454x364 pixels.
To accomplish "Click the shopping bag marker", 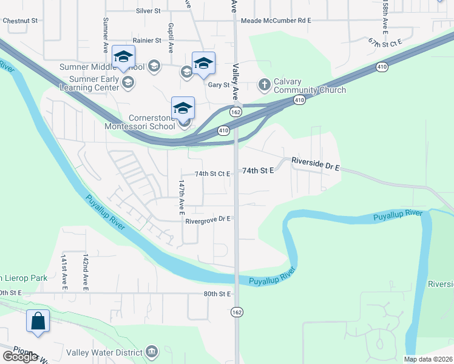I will coord(38,320).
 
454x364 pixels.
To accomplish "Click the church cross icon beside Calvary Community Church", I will coord(264,84).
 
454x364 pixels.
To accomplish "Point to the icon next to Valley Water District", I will coord(152,351).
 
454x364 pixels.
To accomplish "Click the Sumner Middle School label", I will coord(101,67).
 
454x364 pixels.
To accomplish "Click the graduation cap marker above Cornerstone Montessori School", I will coord(183,108).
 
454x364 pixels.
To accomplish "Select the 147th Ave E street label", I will coord(181,197).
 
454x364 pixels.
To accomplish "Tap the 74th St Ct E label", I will coord(212,174).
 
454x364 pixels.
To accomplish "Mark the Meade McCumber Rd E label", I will coord(276,21).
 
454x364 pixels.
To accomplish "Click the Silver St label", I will coord(148,11).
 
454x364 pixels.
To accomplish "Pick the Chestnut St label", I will coord(20,21).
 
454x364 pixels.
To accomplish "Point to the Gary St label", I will coord(217,85).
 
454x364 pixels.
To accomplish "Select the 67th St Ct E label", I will coord(385,42).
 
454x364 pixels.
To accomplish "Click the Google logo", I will coord(20,357).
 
